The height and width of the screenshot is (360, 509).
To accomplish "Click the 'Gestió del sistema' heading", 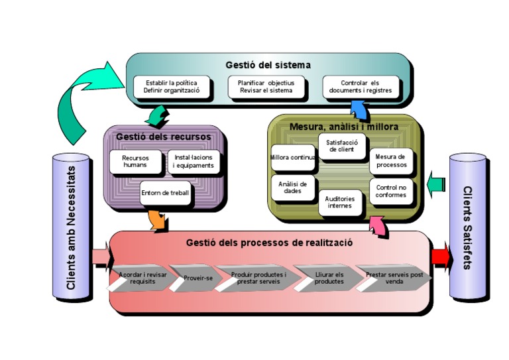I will (267, 65).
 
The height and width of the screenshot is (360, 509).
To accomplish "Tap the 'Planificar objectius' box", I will (266, 87).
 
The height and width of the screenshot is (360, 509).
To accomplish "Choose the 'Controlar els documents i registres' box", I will (361, 87).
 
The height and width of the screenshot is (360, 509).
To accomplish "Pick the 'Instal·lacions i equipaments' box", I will (193, 162).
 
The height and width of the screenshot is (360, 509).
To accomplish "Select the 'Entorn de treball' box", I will (165, 193).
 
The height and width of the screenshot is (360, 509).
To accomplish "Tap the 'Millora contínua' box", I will (293, 158).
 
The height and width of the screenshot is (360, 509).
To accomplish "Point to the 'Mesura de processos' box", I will (390, 160).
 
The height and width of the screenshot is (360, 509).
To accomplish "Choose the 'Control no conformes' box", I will (390, 190).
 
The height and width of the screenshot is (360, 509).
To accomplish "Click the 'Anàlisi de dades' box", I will (292, 188).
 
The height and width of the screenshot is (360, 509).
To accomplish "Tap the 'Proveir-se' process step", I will (197, 278).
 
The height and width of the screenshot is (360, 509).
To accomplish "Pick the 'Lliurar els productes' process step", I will (328, 278).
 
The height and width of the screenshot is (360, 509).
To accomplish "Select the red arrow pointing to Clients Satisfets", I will (441, 258).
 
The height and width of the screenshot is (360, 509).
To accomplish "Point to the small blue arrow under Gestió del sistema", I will (358, 108).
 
